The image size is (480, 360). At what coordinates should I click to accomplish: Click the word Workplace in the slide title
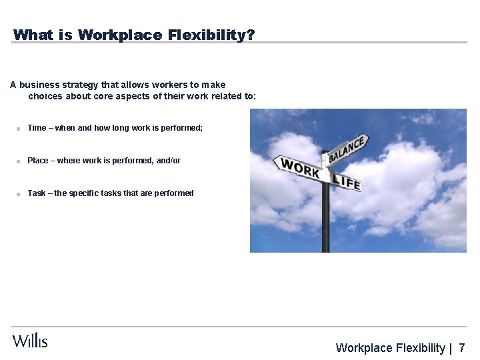pyautogui.click(x=119, y=35)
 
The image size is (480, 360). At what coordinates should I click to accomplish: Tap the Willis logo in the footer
pyautogui.click(x=30, y=341)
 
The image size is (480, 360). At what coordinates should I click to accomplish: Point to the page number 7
pyautogui.click(x=462, y=347)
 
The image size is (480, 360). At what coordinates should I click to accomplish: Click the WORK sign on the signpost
pyautogui.click(x=300, y=168)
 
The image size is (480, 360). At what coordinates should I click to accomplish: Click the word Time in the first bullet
pyautogui.click(x=37, y=128)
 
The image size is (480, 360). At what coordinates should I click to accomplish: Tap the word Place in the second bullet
pyautogui.click(x=38, y=161)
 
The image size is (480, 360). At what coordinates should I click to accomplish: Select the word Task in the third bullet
pyautogui.click(x=37, y=193)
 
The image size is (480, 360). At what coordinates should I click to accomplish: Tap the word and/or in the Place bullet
pyautogui.click(x=167, y=161)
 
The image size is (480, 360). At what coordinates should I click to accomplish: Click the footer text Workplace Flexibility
pyautogui.click(x=390, y=347)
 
